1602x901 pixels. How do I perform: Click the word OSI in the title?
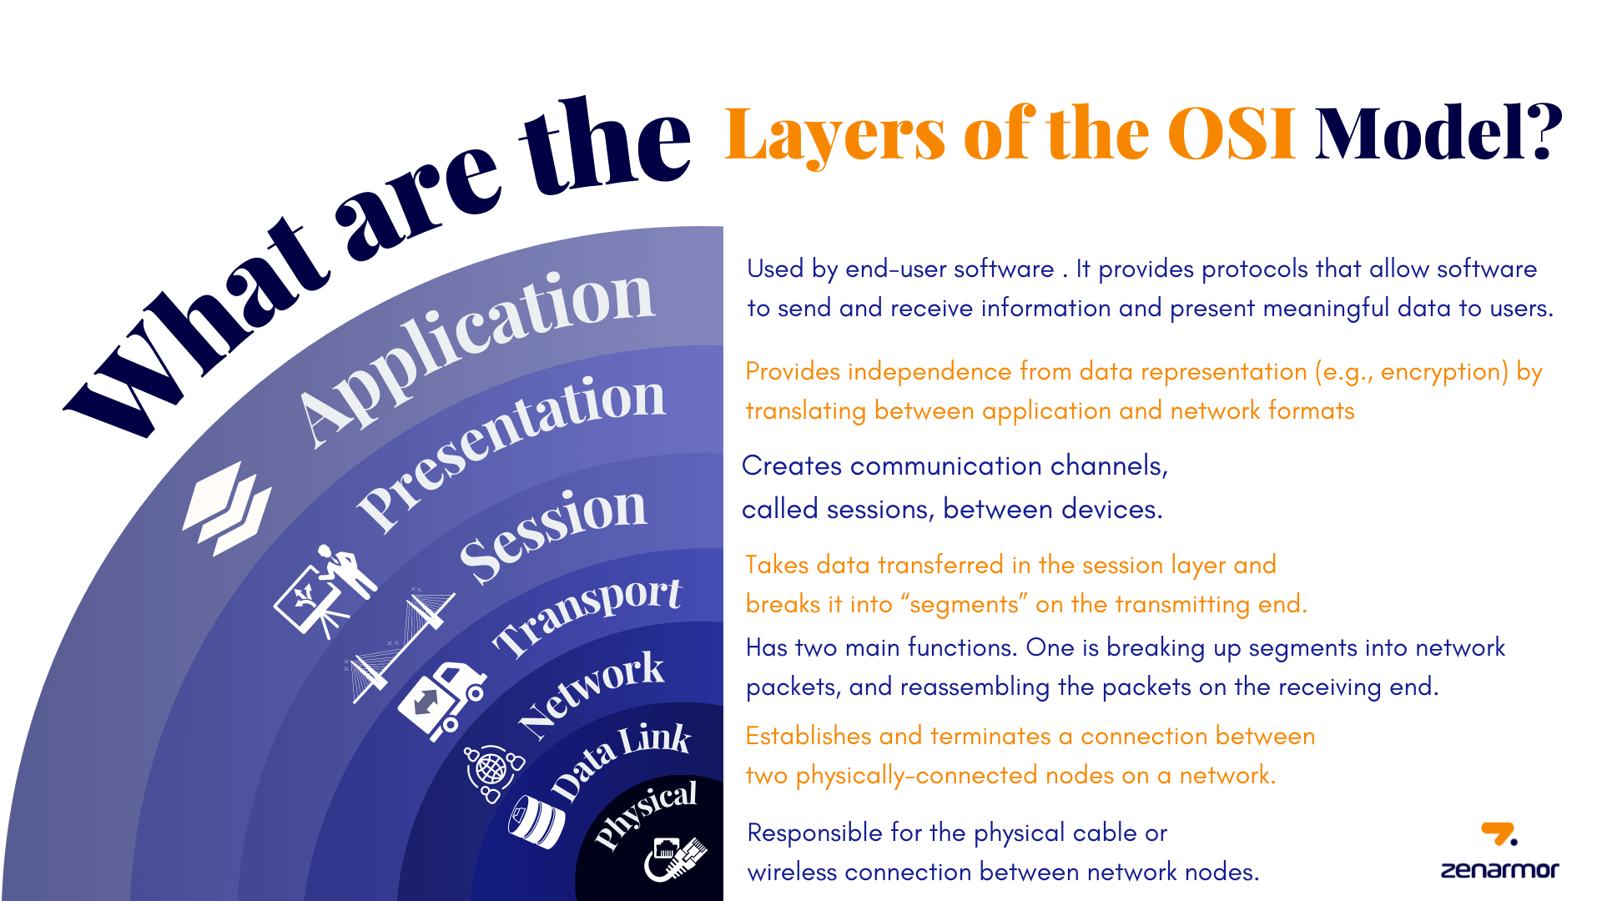[1231, 133]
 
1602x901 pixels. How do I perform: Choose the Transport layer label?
[587, 617]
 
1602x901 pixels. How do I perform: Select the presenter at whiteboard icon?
[325, 590]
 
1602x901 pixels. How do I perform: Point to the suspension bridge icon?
[399, 645]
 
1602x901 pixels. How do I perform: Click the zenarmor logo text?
[1499, 870]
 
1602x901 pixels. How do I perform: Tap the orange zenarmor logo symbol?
[1499, 833]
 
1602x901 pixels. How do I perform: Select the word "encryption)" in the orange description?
[1444, 371]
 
